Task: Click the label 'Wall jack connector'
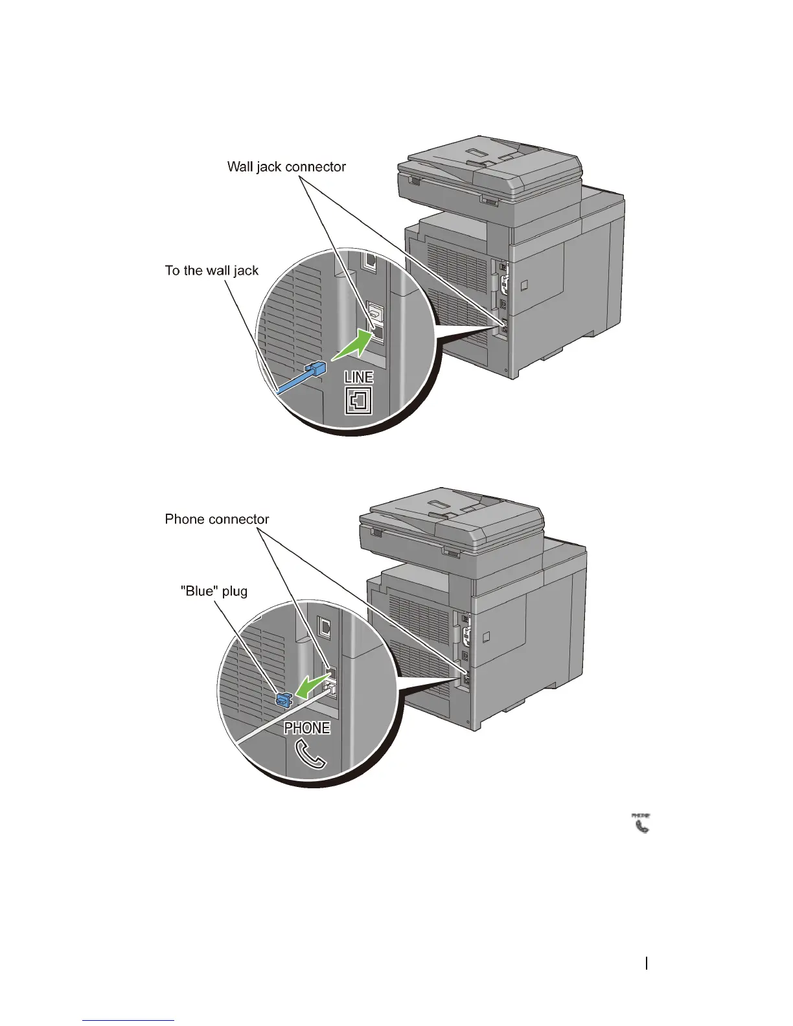286,167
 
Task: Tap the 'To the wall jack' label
211,271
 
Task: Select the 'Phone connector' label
216,519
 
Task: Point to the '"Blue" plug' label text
213,591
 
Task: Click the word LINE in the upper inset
358,378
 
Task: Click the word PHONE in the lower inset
307,728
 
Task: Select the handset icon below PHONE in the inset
310,754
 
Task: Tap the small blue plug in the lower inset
283,699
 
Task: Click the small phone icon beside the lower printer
641,823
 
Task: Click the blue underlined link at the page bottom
128,1020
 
